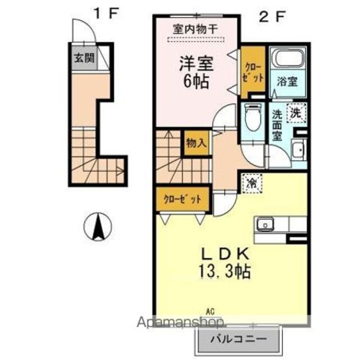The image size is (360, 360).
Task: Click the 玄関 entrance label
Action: (x=84, y=58)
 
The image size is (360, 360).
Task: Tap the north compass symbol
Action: (x=98, y=226)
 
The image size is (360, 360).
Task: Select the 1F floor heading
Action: (x=106, y=13)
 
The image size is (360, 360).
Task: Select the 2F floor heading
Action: (x=272, y=17)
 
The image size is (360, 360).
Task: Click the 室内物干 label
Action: (x=195, y=29)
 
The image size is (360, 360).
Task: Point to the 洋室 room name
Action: (x=196, y=64)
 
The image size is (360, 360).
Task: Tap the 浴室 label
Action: (x=287, y=82)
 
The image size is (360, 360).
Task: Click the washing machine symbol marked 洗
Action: (x=296, y=113)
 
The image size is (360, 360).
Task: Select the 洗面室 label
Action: (x=277, y=125)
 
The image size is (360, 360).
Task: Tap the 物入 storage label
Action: (x=196, y=143)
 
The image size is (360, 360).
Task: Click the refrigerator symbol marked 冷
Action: (x=252, y=183)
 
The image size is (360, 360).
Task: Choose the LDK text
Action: (x=225, y=254)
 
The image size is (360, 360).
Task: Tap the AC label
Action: (x=210, y=312)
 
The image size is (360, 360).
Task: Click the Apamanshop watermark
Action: (x=181, y=323)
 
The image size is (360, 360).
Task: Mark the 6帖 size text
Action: (x=196, y=82)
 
